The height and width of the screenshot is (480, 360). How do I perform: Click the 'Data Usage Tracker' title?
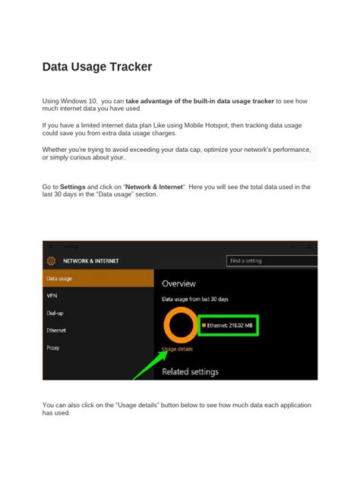point(97,67)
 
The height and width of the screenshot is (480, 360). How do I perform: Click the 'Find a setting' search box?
point(271,261)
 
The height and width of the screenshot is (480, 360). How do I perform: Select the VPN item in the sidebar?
point(52,296)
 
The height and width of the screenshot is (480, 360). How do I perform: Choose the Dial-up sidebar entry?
point(55,313)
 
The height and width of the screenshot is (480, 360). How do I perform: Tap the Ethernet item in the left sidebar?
point(57,330)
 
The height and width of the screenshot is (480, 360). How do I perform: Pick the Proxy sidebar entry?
point(53,348)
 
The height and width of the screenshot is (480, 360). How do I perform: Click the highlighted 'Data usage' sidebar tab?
point(60,279)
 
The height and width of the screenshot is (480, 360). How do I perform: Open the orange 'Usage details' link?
point(178,349)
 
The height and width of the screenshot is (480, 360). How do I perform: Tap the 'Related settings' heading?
point(190,371)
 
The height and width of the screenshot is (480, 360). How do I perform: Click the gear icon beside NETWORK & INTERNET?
point(52,261)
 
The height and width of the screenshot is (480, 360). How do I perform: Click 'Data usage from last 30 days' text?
point(196,299)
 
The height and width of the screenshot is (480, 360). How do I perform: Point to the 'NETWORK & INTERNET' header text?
point(90,261)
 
